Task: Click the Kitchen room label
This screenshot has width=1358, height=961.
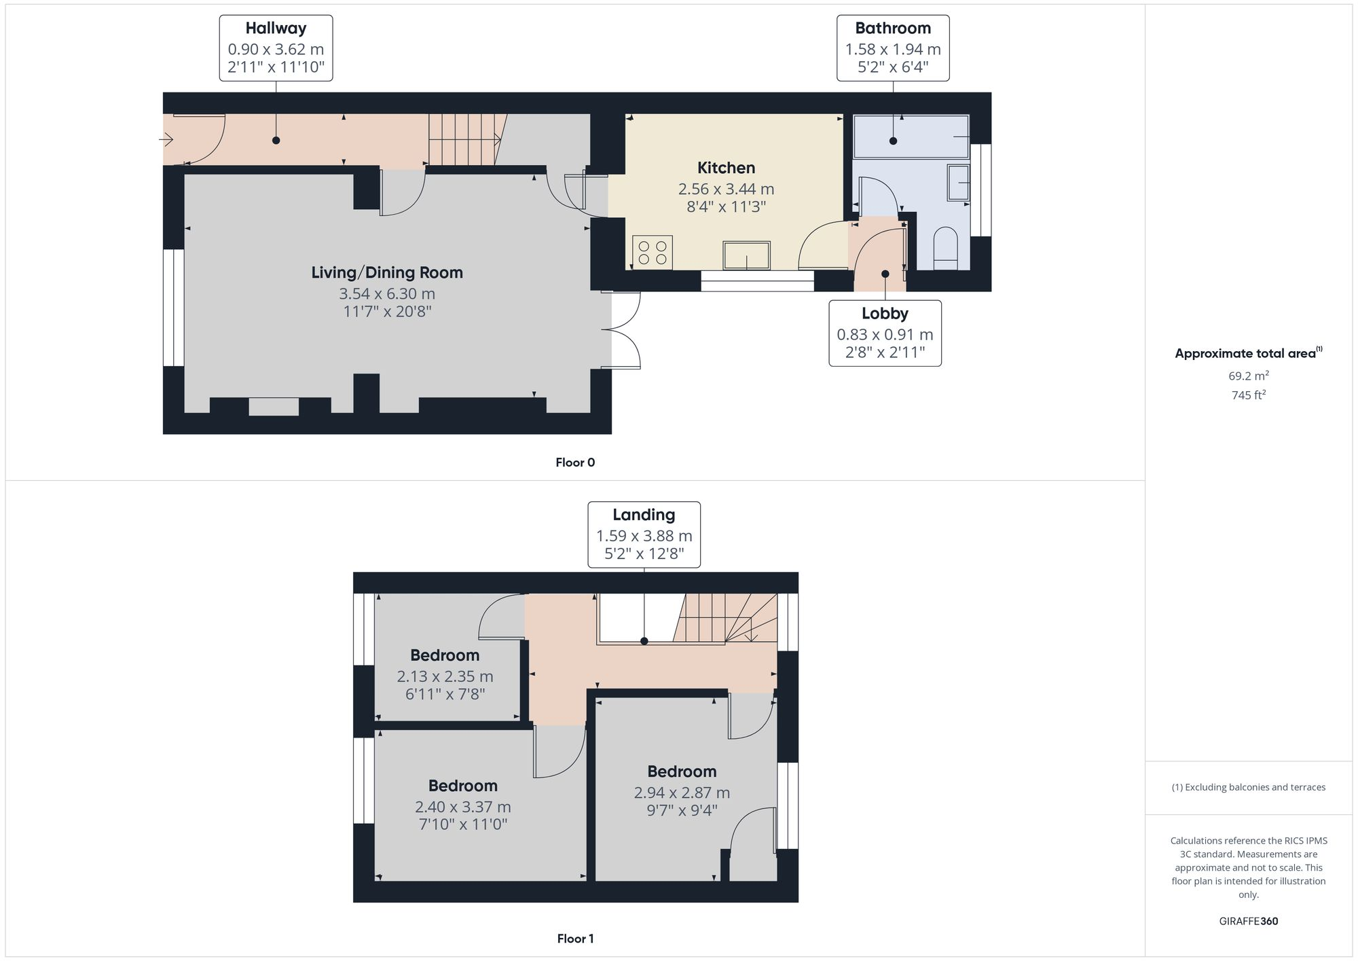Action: (x=726, y=168)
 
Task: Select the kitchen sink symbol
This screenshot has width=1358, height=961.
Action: (x=746, y=255)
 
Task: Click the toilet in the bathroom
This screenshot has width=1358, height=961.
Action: (x=945, y=249)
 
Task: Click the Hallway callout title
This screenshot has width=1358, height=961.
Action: (x=276, y=29)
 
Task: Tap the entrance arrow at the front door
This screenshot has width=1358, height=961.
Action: (x=166, y=140)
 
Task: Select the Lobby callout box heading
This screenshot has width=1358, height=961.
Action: (x=885, y=314)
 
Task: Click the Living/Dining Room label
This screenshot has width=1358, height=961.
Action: (x=387, y=272)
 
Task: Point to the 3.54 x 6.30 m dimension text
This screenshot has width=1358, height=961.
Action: (x=387, y=294)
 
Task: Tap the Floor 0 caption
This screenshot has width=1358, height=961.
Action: (x=575, y=463)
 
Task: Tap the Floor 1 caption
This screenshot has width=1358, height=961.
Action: (x=575, y=939)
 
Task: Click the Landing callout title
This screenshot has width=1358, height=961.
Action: (x=644, y=515)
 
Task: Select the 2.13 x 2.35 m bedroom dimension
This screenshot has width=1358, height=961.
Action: (x=445, y=676)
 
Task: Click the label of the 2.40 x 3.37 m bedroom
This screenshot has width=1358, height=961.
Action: (x=462, y=786)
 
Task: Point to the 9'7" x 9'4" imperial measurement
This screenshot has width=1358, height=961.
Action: (x=682, y=810)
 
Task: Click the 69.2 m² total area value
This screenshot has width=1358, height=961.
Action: (x=1248, y=376)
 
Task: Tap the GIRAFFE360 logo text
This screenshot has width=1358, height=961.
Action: (x=1248, y=922)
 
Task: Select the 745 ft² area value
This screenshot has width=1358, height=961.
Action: (x=1248, y=395)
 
